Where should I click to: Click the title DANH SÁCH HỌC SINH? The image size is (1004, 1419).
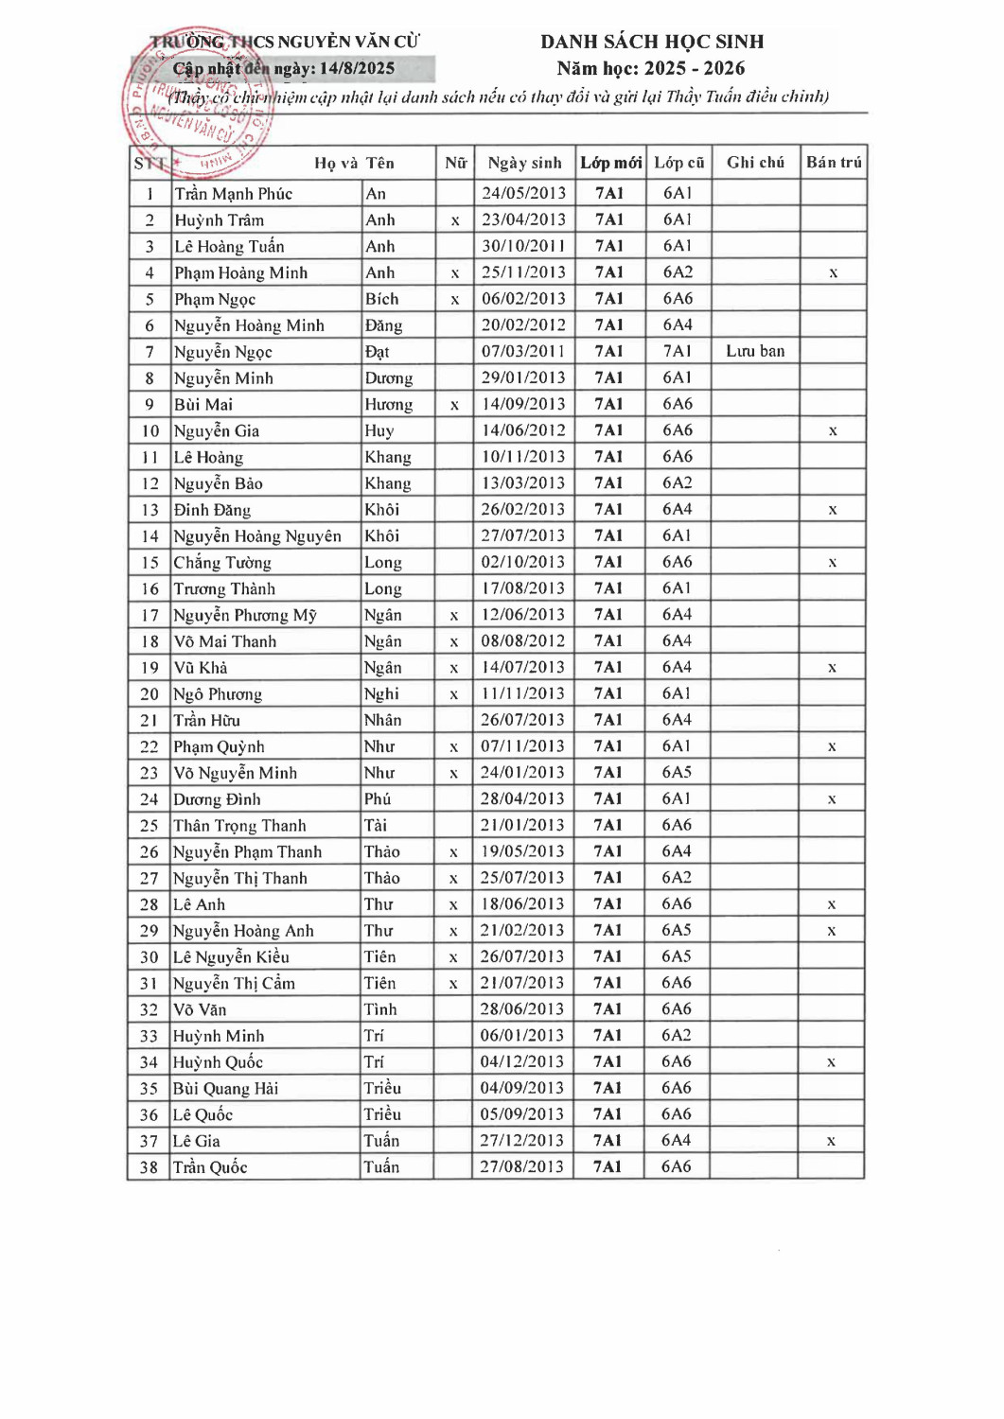pos(652,42)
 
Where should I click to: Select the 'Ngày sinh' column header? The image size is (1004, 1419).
pos(524,163)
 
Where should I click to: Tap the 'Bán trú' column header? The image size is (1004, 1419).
pos(834,163)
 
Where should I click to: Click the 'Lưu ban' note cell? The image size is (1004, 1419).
pos(755,351)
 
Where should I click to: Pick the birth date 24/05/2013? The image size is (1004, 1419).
pos(524,193)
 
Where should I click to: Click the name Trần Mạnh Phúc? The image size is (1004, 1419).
pos(234,194)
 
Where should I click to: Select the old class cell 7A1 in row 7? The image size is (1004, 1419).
pos(678,351)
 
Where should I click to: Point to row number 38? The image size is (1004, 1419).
pos(149,1167)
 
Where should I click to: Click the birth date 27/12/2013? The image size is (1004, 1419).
pos(522,1141)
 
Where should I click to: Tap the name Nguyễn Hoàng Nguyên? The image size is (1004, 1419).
pos(257,536)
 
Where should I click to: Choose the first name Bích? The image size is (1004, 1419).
pos(382,299)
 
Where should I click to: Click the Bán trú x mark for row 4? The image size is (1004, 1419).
pos(834,273)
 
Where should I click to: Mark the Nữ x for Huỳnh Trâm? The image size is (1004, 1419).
pos(455,220)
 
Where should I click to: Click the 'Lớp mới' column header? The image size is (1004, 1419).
pos(610,163)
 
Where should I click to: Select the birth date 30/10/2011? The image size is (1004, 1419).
pos(524,246)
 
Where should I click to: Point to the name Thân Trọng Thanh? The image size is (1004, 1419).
pos(239,826)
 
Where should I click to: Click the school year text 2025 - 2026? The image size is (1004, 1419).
pos(695,68)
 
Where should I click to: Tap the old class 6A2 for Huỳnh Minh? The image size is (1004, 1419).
pos(677,1036)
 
